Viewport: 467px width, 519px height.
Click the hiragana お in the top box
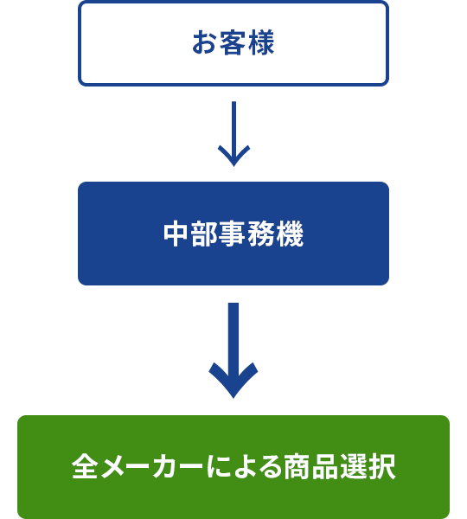(205, 42)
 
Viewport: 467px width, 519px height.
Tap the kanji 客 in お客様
(233, 42)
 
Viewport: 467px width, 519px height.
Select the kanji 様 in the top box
(261, 42)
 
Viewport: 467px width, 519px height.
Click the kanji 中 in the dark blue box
(176, 234)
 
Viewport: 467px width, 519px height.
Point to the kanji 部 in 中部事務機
(205, 234)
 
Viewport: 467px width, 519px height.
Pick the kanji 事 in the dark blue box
(233, 234)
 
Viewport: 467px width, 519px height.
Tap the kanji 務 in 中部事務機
(261, 234)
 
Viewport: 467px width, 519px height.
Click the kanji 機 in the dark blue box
(291, 234)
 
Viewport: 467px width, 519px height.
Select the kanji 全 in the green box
(85, 466)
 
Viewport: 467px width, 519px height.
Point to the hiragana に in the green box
(219, 467)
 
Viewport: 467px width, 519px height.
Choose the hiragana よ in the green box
(246, 467)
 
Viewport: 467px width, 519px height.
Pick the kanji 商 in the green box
(297, 466)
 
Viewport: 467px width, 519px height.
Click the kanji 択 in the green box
(382, 466)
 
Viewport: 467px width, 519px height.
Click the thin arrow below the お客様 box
(233, 134)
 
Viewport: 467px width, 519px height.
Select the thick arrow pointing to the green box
(233, 350)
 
